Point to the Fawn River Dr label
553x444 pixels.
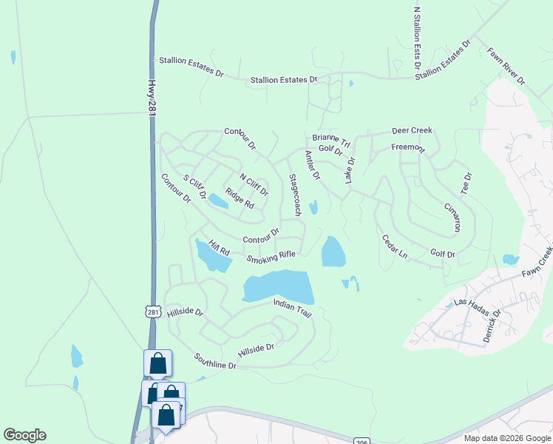pos(506,66)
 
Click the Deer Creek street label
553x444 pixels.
pos(412,131)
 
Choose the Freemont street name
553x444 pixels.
pos(408,147)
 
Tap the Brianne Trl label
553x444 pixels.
pos(330,138)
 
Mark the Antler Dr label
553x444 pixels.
pos(312,165)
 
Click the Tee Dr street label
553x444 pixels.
pos(467,183)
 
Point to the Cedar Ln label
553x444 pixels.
pos(394,246)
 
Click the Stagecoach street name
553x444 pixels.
pos(294,195)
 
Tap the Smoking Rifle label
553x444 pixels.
pos(271,257)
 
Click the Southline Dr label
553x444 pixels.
pos(215,361)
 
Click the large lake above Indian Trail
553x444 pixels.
pos(277,286)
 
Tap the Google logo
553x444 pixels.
pos(24,435)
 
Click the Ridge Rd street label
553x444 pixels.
pos(240,198)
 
